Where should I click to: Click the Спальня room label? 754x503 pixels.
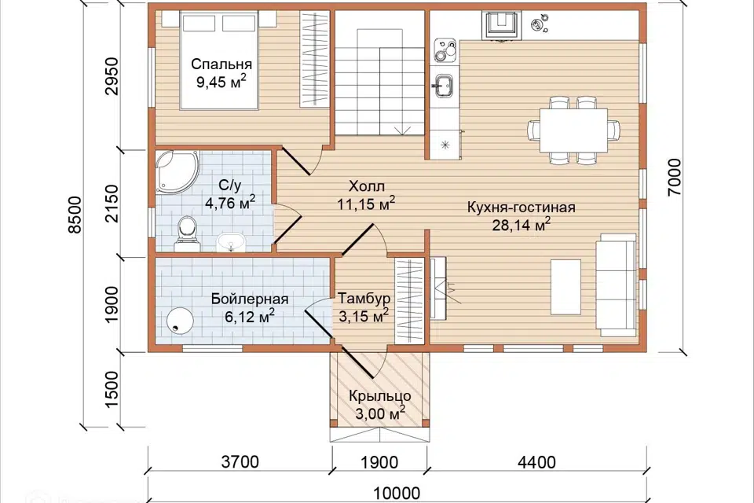(221, 64)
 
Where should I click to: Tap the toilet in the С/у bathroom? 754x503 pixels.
(187, 234)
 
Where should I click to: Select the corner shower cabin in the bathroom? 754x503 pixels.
(177, 172)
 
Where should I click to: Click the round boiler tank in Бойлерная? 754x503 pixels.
(181, 320)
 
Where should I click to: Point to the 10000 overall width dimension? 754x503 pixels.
(397, 494)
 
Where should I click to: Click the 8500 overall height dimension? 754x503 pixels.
(75, 215)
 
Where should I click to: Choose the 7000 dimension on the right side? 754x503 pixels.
(674, 177)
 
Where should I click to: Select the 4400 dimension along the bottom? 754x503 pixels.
(536, 463)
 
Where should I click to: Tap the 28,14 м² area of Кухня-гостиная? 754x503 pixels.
(522, 225)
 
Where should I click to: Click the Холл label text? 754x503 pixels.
(367, 185)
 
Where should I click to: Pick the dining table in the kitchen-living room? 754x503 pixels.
(573, 130)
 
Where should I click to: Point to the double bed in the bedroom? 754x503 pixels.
(219, 60)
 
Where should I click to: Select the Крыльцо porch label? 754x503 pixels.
(380, 396)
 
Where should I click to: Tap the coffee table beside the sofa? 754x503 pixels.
(565, 288)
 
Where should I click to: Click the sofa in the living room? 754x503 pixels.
(616, 285)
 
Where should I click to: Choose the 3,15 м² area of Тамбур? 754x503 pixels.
(364, 316)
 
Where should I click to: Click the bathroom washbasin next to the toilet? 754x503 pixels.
(230, 242)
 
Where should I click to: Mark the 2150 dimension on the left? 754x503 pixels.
(111, 203)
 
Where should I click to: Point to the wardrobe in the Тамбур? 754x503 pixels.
(408, 301)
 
